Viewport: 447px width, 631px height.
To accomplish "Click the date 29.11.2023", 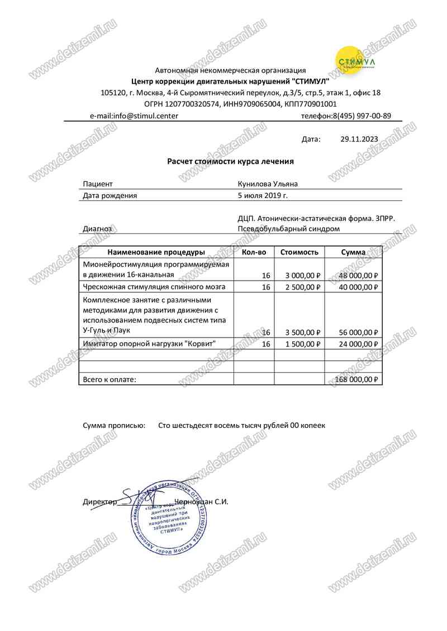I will coord(359,139).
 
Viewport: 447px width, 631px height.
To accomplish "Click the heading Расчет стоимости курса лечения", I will coord(230,161).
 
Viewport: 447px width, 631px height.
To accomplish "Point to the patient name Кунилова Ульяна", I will coord(268,184).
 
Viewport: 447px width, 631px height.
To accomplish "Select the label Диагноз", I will coord(97,229).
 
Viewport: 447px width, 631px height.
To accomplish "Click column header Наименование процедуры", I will coord(156,252).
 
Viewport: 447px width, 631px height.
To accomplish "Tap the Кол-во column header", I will coord(254,252).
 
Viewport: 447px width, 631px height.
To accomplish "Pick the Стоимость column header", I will coord(299,252).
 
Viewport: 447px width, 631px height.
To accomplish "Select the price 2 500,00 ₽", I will coord(302,287).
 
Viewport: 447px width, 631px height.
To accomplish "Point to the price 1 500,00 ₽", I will coord(302,344).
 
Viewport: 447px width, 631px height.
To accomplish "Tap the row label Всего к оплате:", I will coord(109,379).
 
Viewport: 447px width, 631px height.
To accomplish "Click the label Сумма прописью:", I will coord(113,425).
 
